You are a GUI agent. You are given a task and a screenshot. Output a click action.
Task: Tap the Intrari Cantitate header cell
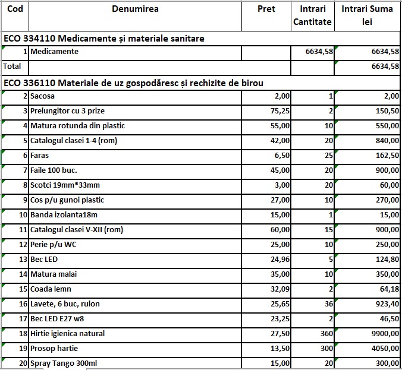(x=312, y=16)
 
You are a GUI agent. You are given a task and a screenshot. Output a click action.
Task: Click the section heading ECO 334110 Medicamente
(x=104, y=39)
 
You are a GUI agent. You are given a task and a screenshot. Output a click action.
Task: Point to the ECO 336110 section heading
(x=134, y=83)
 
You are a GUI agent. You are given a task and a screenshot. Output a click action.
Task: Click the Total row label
(x=12, y=67)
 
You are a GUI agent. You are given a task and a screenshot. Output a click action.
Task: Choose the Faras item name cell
(x=41, y=156)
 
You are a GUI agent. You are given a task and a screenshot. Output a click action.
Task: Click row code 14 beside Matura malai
(x=24, y=274)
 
